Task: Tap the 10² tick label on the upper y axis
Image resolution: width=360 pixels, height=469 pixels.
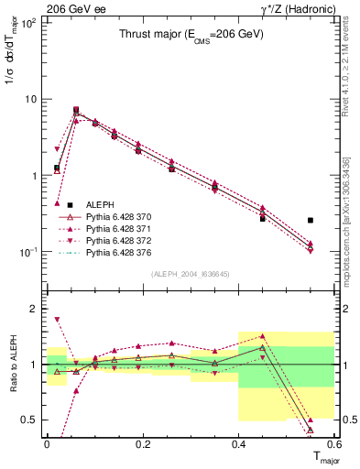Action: point(29,23)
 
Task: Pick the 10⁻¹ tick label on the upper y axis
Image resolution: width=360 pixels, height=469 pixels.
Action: point(29,252)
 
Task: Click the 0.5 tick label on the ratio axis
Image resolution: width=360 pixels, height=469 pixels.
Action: point(31,420)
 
